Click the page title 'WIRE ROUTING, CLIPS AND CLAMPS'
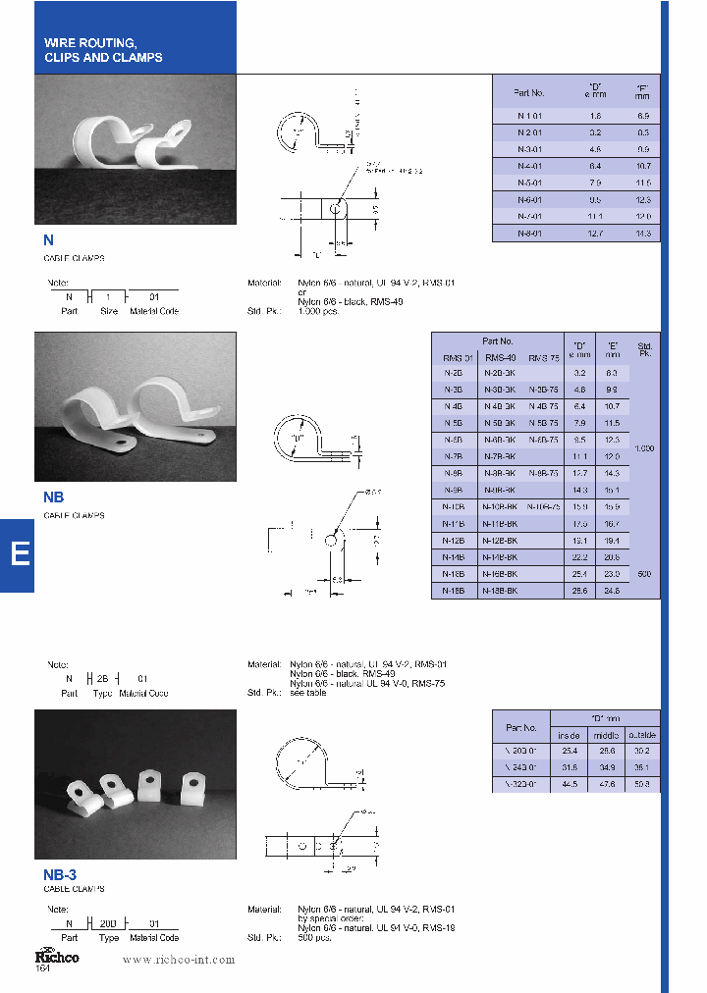[x=103, y=50]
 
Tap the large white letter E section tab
[x=19, y=554]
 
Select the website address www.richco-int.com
[x=178, y=960]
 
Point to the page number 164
[x=42, y=969]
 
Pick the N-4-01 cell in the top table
[x=529, y=166]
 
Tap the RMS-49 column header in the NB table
[x=500, y=357]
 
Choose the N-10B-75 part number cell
[x=543, y=506]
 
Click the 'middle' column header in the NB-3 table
[x=605, y=735]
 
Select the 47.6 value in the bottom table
[x=605, y=784]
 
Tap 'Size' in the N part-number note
[x=108, y=311]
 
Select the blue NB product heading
[x=54, y=497]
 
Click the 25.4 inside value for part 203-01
[x=569, y=751]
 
